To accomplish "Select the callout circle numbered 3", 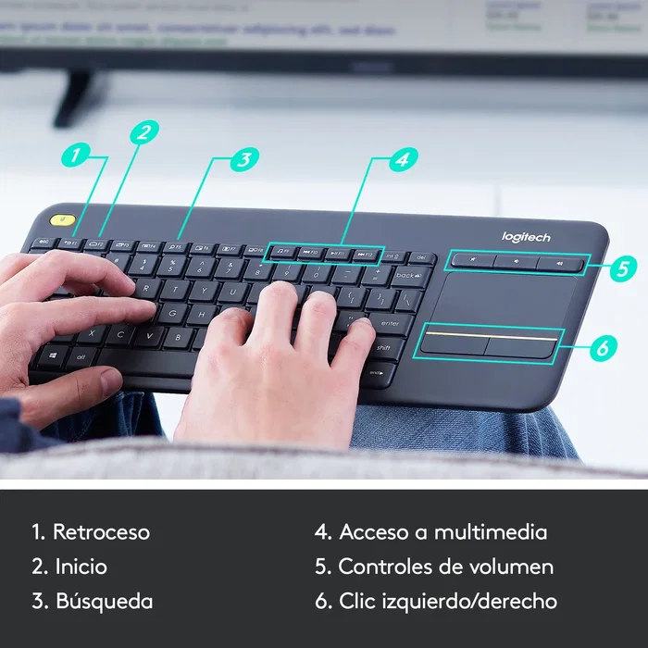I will (243, 158).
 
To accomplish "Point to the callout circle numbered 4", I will (400, 158).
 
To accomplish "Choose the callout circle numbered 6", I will (602, 348).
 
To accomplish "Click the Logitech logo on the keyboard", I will (526, 237).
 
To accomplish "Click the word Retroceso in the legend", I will (101, 532).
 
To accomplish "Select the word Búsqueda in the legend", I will (104, 601).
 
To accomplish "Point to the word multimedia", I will (491, 532).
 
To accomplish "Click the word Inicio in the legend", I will (81, 567).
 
